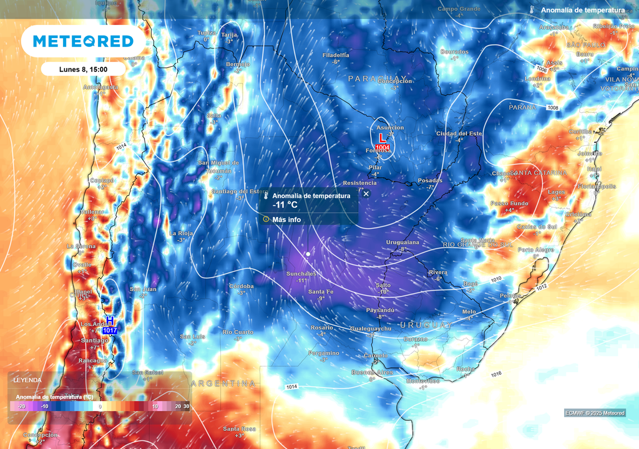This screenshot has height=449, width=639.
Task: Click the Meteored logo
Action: point(83,41)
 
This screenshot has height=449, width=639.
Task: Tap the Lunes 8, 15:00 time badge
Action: point(83,69)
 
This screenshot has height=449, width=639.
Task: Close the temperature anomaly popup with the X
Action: point(366,193)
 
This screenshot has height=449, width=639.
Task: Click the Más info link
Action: point(286,220)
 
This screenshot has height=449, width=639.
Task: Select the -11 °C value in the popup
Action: point(286,205)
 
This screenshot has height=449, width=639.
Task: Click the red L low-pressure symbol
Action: point(382,137)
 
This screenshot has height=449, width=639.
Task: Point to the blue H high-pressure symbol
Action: point(110,321)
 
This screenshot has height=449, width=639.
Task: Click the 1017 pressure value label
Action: point(110,331)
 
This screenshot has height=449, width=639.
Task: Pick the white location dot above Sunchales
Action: point(308,254)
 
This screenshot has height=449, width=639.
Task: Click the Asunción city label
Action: point(389,128)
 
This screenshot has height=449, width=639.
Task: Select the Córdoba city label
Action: point(241,286)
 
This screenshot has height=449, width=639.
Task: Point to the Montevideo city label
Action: point(422,380)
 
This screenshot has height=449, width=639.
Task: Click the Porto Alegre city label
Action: point(535,249)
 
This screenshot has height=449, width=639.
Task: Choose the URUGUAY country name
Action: point(426,326)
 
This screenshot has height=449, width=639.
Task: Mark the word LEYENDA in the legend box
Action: point(27,380)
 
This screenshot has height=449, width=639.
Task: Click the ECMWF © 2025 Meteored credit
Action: point(595,413)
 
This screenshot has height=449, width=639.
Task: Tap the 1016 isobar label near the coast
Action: point(497,374)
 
